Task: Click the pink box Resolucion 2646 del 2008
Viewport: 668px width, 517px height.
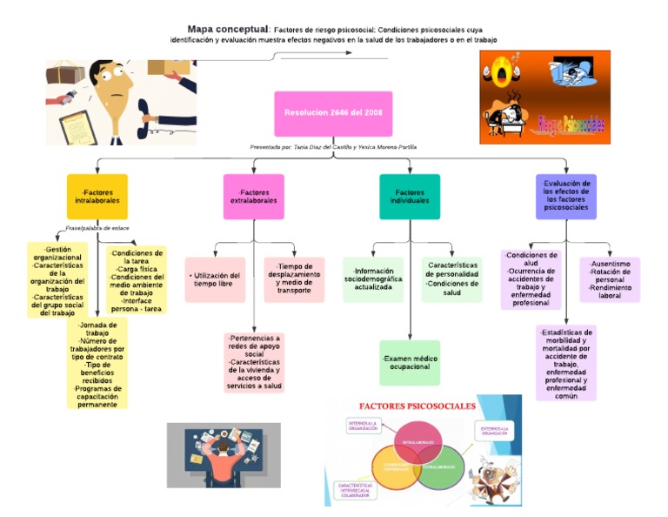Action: (x=333, y=113)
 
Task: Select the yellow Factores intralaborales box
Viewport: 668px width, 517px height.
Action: (x=97, y=196)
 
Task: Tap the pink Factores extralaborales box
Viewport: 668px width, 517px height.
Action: (x=254, y=196)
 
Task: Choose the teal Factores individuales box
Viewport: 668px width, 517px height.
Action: (x=410, y=196)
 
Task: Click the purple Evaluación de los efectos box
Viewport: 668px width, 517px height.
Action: (x=565, y=196)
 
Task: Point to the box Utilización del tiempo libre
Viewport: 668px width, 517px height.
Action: (x=215, y=279)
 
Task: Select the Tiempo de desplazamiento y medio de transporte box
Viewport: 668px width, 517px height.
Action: (x=294, y=279)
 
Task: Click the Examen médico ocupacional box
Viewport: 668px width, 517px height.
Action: (x=410, y=362)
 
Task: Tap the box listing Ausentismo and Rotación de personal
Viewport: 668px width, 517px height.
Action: (x=610, y=279)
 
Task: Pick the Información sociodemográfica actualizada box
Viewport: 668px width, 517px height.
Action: (x=373, y=279)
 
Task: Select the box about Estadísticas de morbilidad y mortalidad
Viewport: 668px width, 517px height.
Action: (x=566, y=363)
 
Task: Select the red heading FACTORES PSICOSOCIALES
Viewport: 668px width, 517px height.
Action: (x=417, y=406)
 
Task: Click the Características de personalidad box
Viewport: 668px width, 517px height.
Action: (x=452, y=279)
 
